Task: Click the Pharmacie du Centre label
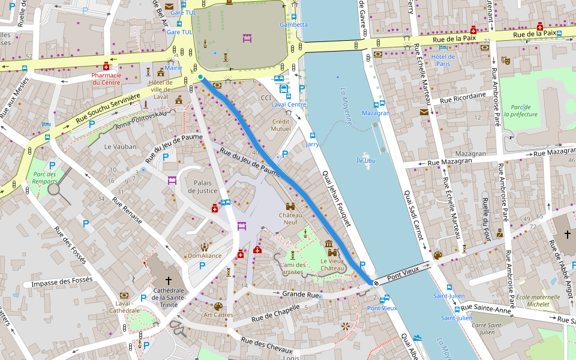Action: coord(106,79)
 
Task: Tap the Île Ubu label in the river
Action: coord(365,160)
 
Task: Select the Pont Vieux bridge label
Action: coord(402,274)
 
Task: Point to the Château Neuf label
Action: coord(291,218)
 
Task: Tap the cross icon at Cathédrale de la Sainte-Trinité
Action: coord(169,280)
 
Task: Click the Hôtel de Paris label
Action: coord(443,60)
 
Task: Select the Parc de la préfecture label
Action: coord(521,110)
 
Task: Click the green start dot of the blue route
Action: coord(200,77)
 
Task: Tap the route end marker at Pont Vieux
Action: coord(376,283)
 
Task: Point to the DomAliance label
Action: coord(205,256)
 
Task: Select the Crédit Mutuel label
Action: coord(281,125)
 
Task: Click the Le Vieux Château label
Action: coord(332,265)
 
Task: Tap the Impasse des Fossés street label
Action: coord(62,280)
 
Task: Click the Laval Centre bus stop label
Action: coord(289,104)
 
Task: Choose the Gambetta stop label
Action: coord(293,25)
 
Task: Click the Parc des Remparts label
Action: coord(42,178)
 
